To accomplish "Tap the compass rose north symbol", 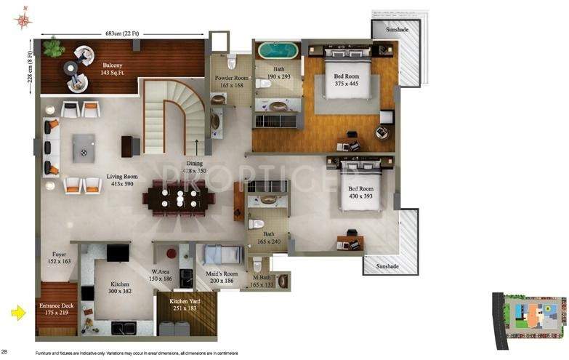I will [23, 18].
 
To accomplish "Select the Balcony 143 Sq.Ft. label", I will [116, 70].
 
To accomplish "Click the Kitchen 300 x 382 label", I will [120, 287].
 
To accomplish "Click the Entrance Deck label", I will [55, 309].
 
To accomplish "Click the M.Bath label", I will [263, 281].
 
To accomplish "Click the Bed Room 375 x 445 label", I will [347, 79].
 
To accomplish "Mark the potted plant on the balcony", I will [52, 48].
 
